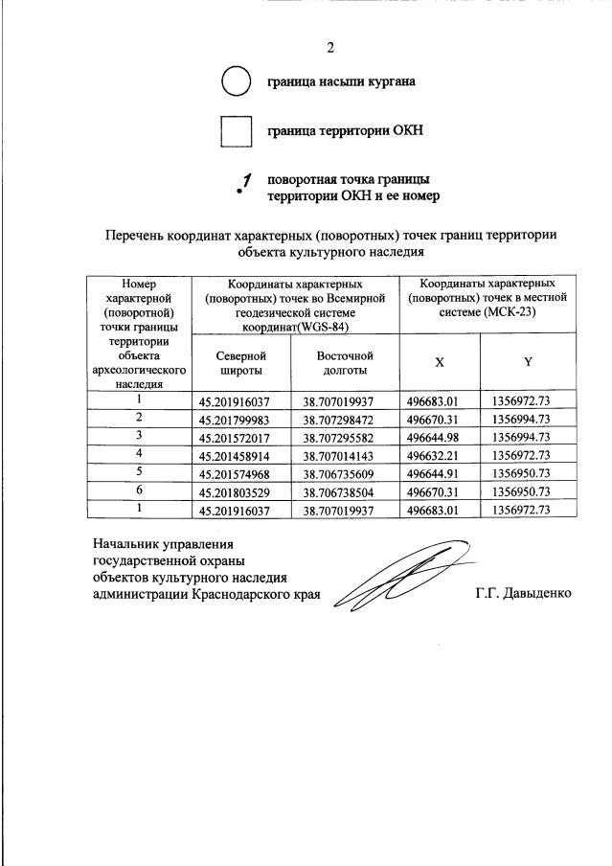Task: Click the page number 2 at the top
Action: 330,48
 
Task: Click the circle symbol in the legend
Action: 236,82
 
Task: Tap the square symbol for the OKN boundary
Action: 236,131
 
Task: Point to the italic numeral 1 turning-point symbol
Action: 245,182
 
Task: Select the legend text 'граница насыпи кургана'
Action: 341,82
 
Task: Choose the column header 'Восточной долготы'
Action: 343,362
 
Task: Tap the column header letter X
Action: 440,362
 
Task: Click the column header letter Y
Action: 528,362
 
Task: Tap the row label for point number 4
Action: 140,453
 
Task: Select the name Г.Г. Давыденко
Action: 522,593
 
